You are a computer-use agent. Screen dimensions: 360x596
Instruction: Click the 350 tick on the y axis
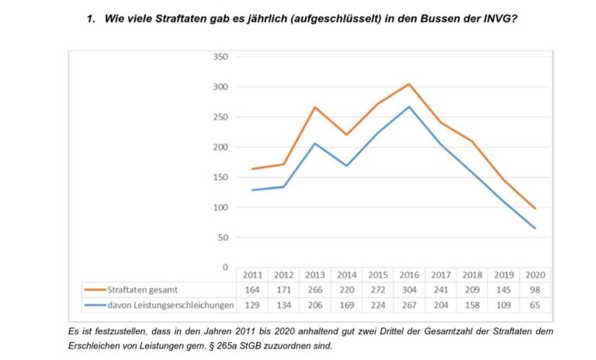pos(221,57)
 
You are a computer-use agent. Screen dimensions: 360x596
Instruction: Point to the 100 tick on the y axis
pos(221,207)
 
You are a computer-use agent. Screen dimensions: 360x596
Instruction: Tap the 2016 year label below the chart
pos(409,275)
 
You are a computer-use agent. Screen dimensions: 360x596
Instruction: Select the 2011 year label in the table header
pos(253,275)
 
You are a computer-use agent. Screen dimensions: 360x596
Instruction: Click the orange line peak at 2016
pos(409,84)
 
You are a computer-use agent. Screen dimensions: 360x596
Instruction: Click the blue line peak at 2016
pos(409,106)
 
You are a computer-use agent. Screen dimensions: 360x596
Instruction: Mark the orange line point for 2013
pos(315,107)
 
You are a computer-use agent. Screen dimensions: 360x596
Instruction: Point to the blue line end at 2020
pos(535,228)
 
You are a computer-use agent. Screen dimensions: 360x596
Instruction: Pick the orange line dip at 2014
pos(346,135)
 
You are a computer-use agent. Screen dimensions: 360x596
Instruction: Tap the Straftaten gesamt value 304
pos(409,290)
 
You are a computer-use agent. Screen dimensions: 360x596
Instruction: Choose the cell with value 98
pos(535,290)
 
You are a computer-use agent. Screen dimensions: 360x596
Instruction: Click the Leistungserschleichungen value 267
pos(409,306)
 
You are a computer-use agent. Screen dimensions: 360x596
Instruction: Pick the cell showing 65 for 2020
pos(535,306)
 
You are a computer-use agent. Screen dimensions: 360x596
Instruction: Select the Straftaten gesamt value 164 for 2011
pos(253,290)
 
